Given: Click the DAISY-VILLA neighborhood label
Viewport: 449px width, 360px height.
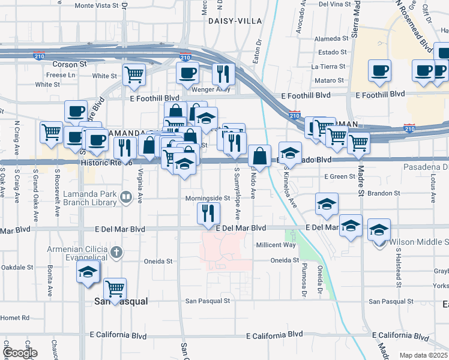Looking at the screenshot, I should (235, 20).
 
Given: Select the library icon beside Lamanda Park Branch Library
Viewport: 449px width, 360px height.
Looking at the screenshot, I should (126, 196).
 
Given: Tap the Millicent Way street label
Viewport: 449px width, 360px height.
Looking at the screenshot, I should (276, 245).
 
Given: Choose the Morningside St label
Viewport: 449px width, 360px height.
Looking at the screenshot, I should (207, 198).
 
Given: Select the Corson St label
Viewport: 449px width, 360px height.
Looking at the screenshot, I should (65, 64).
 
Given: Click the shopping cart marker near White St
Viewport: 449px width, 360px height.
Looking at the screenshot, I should (134, 74).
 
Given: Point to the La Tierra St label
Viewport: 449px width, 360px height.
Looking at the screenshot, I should (330, 67).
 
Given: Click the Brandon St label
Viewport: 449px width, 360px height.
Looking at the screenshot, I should (385, 193).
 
